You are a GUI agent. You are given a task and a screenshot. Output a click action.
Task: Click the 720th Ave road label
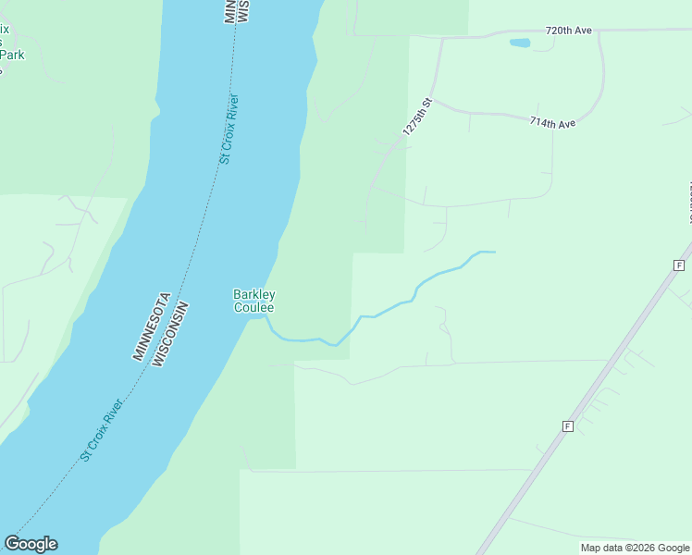tap(568, 31)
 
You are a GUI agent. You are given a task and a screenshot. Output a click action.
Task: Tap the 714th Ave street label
tap(552, 123)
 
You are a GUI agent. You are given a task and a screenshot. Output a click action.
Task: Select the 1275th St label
tap(418, 118)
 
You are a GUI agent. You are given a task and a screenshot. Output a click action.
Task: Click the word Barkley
tap(253, 295)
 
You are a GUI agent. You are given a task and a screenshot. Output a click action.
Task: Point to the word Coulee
tap(253, 307)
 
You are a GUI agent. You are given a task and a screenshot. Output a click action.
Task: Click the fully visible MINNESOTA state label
tap(151, 326)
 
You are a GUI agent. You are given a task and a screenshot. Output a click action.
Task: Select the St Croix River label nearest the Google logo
tap(102, 430)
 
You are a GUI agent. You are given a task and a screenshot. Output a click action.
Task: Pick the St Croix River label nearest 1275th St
tap(229, 129)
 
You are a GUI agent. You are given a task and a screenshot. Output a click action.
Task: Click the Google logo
tap(31, 544)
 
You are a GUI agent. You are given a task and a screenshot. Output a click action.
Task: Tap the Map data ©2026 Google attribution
tap(635, 548)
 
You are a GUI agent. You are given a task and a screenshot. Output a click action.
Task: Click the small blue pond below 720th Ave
tap(520, 43)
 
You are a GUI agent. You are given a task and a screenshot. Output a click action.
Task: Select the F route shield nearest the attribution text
tap(568, 426)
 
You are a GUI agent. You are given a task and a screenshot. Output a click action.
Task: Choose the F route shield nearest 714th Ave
tap(678, 265)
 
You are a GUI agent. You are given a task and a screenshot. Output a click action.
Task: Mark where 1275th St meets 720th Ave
tap(444, 39)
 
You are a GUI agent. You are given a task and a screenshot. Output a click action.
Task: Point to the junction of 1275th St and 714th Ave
tap(433, 101)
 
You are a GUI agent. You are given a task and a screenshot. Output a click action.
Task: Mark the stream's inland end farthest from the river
tap(495, 252)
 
